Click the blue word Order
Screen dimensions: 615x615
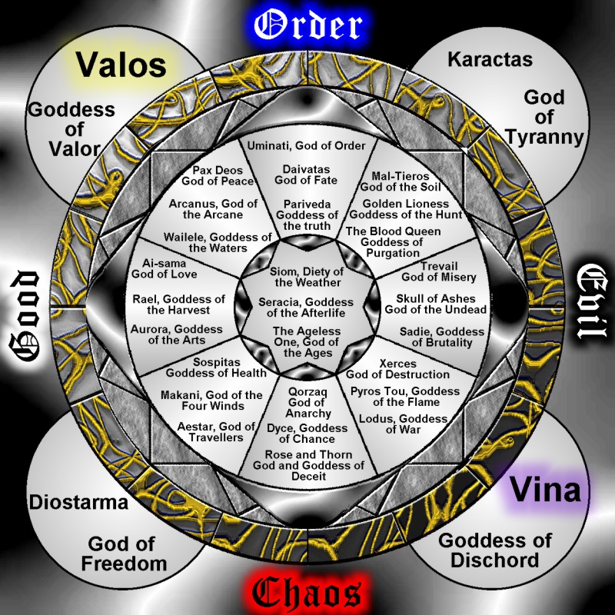307,25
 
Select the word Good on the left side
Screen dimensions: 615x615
24,315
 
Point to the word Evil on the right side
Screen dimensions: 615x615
593,304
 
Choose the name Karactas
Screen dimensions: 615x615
490,58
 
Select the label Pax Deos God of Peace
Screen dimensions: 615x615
218,175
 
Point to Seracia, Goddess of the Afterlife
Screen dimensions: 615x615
306,306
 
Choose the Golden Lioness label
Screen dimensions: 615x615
412,209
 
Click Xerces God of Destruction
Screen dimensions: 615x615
397,369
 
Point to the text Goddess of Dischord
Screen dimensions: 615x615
495,549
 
